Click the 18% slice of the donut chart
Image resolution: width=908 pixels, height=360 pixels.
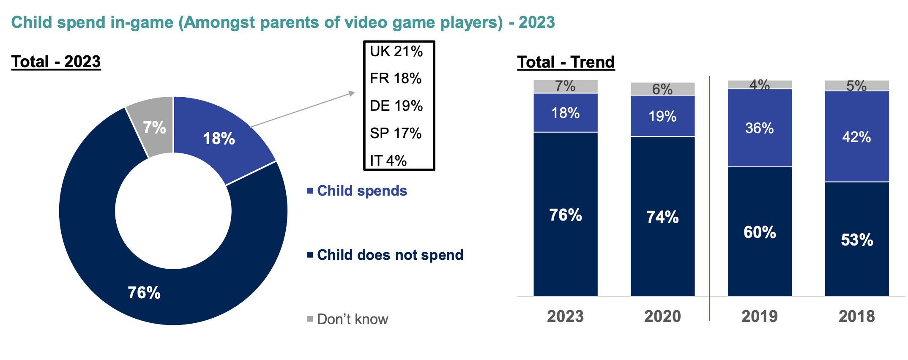(x=219, y=139)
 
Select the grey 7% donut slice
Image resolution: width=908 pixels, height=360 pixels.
(x=154, y=127)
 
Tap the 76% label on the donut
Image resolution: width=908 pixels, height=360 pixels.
(x=144, y=292)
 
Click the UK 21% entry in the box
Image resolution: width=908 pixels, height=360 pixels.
(x=396, y=52)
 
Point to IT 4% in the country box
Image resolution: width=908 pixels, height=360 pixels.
(x=388, y=161)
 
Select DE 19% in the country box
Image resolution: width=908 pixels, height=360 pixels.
(x=396, y=106)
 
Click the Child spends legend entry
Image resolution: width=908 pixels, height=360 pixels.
(x=361, y=191)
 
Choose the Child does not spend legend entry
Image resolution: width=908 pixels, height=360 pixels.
(x=390, y=255)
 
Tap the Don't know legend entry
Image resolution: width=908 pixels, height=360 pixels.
(x=352, y=319)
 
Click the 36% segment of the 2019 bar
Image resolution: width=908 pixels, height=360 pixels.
(x=760, y=128)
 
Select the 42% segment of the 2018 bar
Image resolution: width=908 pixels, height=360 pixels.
(x=856, y=137)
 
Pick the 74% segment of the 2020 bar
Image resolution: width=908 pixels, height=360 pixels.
(x=662, y=217)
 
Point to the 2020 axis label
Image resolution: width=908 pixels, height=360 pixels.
(x=662, y=316)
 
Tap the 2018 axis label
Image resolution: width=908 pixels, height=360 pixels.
(x=856, y=316)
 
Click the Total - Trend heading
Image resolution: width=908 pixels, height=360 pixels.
(x=566, y=62)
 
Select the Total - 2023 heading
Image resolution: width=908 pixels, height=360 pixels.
(x=56, y=62)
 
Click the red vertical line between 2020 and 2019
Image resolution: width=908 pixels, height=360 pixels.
(x=709, y=199)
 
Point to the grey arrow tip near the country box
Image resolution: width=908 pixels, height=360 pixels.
(x=353, y=93)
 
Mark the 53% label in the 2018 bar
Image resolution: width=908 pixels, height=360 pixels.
(x=856, y=240)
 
